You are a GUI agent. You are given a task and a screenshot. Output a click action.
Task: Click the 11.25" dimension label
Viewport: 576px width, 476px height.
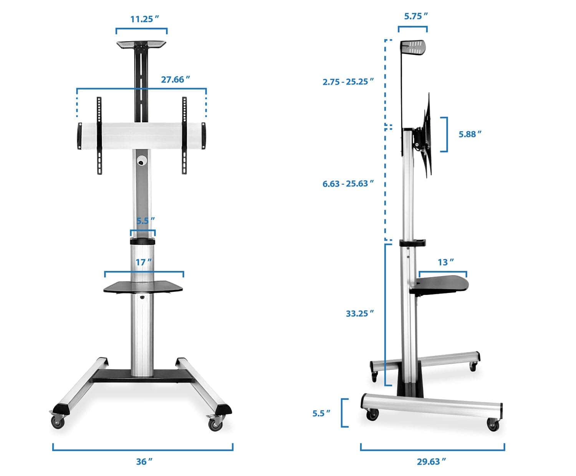click(144, 19)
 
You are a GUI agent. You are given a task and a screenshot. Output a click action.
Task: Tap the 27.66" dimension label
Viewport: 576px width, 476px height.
click(175, 80)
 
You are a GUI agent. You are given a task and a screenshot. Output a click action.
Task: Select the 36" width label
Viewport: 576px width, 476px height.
click(144, 461)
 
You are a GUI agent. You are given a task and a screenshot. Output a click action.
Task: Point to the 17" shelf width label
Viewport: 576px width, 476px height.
click(144, 262)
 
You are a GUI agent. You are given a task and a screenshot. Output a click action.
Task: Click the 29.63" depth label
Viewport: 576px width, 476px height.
click(431, 461)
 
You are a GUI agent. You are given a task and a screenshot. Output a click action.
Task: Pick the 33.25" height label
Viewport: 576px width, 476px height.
click(360, 313)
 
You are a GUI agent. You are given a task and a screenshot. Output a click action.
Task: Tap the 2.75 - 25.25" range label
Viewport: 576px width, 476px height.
click(348, 82)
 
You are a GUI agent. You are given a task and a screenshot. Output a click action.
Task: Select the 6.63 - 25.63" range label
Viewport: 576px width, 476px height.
click(348, 184)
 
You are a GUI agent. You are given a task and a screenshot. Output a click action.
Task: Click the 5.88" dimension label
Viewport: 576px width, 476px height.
click(470, 134)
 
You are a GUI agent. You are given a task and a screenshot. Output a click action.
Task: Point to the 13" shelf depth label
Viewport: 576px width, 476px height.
click(446, 262)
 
